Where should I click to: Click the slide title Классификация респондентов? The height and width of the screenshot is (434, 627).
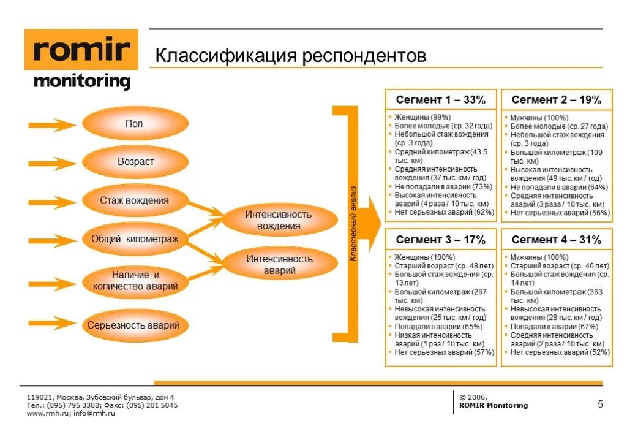tap(290, 56)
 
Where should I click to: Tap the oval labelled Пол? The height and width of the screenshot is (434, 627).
tap(135, 124)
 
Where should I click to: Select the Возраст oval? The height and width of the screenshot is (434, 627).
tap(135, 162)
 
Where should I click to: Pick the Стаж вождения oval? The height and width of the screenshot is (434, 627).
tap(135, 200)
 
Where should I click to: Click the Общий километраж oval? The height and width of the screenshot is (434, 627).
tap(135, 239)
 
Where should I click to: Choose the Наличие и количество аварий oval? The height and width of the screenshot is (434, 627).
tap(135, 280)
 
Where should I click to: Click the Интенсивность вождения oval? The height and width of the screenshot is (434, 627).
tap(279, 220)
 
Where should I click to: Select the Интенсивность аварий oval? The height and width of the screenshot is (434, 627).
tap(279, 264)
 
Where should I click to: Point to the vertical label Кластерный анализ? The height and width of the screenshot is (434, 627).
tap(353, 224)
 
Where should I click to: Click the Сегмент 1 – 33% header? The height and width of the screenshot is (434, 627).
tap(440, 100)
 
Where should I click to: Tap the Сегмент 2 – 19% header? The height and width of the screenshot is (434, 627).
tap(557, 100)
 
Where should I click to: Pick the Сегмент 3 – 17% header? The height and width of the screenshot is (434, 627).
tap(440, 240)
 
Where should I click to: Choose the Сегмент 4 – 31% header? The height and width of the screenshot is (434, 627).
tap(557, 240)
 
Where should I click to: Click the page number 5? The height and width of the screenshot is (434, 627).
tap(599, 404)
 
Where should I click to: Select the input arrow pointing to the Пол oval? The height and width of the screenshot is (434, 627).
tap(51, 125)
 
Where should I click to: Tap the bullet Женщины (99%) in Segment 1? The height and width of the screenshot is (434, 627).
tap(422, 117)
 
